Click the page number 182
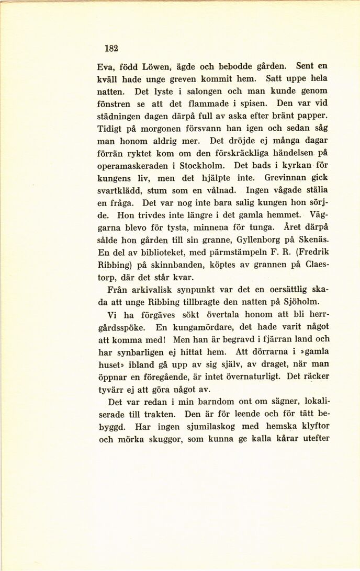[111, 48]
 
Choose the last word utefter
[312, 439]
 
